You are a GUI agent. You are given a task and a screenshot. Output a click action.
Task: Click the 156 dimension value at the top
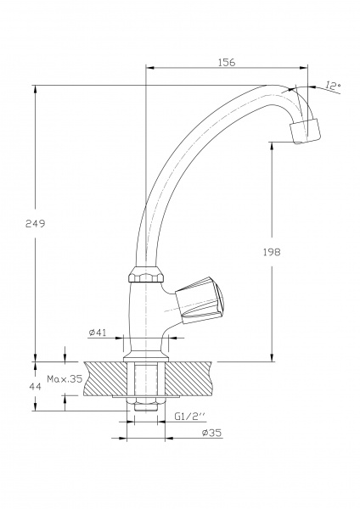tap(226, 63)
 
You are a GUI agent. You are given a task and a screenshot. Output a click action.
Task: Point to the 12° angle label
tap(333, 85)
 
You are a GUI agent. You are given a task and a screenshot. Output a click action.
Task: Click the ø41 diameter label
tap(96, 333)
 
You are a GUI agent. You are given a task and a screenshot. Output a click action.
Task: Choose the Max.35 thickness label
tap(65, 379)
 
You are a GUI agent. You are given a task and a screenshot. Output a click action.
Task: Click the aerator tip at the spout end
tap(306, 130)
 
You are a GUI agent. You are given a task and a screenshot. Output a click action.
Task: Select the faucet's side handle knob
tap(204, 299)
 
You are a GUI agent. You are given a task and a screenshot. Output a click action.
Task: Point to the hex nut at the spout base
tap(145, 277)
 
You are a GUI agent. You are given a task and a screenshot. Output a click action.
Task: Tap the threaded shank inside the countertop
tap(145, 378)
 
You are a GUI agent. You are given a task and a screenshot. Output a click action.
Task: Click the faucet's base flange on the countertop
tap(145, 350)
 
